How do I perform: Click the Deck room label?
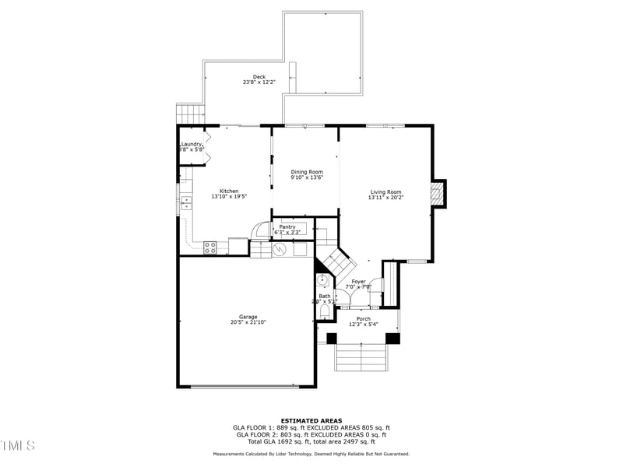pyautogui.click(x=259, y=76)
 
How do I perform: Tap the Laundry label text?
pyautogui.click(x=192, y=144)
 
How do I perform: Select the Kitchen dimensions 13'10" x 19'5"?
pyautogui.click(x=229, y=197)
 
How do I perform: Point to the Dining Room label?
pyautogui.click(x=307, y=171)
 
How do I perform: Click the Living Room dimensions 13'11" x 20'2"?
pyautogui.click(x=385, y=198)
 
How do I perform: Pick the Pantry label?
pyautogui.click(x=287, y=226)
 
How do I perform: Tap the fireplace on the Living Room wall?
pyautogui.click(x=439, y=194)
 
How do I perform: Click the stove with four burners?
pyautogui.click(x=209, y=248)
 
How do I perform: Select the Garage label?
pyautogui.click(x=248, y=317)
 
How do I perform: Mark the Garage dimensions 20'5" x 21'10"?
pyautogui.click(x=248, y=322)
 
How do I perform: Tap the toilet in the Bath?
pyautogui.click(x=325, y=311)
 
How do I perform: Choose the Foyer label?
pyautogui.click(x=358, y=281)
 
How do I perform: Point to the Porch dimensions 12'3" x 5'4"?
pyautogui.click(x=364, y=325)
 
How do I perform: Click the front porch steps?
pyautogui.click(x=363, y=358)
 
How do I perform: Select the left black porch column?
pyautogui.click(x=332, y=339)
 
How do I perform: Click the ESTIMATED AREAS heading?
pyautogui.click(x=311, y=420)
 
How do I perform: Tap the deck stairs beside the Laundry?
pyautogui.click(x=189, y=114)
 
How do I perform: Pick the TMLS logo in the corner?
pyautogui.click(x=18, y=445)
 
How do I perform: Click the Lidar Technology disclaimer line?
pyautogui.click(x=311, y=454)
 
